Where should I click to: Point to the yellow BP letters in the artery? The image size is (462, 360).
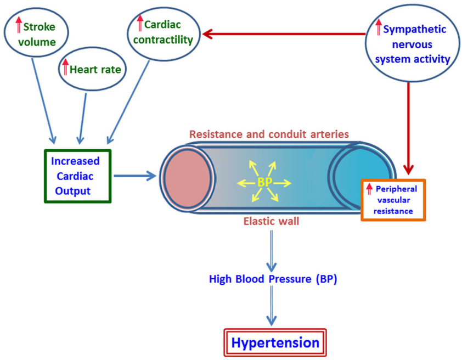tap(264, 182)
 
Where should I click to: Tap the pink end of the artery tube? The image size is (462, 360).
tap(188, 178)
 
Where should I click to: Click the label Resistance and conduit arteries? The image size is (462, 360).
tap(269, 134)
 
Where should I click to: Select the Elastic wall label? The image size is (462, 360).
tap(271, 221)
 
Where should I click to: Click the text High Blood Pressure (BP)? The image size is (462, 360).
tap(273, 279)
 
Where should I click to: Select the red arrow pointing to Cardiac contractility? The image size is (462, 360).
tap(284, 34)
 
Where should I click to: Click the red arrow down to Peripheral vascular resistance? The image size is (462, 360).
tap(408, 128)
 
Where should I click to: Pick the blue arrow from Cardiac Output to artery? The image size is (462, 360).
tap(135, 176)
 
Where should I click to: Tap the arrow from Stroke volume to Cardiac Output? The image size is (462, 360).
tap(43, 101)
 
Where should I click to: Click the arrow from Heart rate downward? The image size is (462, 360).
tap(83, 119)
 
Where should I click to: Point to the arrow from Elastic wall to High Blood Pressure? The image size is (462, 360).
tap(272, 251)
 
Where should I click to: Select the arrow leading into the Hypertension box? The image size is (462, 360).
tap(272, 306)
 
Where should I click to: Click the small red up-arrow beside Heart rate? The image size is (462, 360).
tap(65, 66)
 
